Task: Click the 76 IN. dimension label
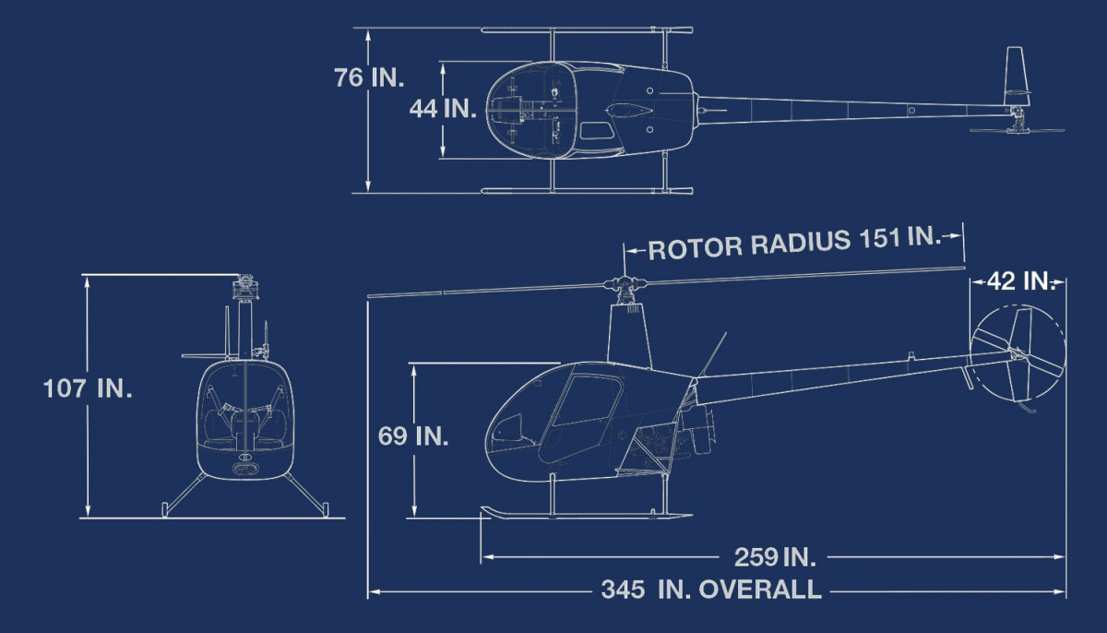point(369,78)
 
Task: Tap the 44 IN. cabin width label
point(442,109)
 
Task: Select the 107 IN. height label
point(88,388)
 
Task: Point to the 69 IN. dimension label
point(413,436)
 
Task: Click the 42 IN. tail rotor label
point(1019,281)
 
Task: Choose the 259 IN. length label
point(774,557)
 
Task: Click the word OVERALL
point(759,589)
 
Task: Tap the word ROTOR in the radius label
point(696,248)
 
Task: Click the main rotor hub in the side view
point(625,284)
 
